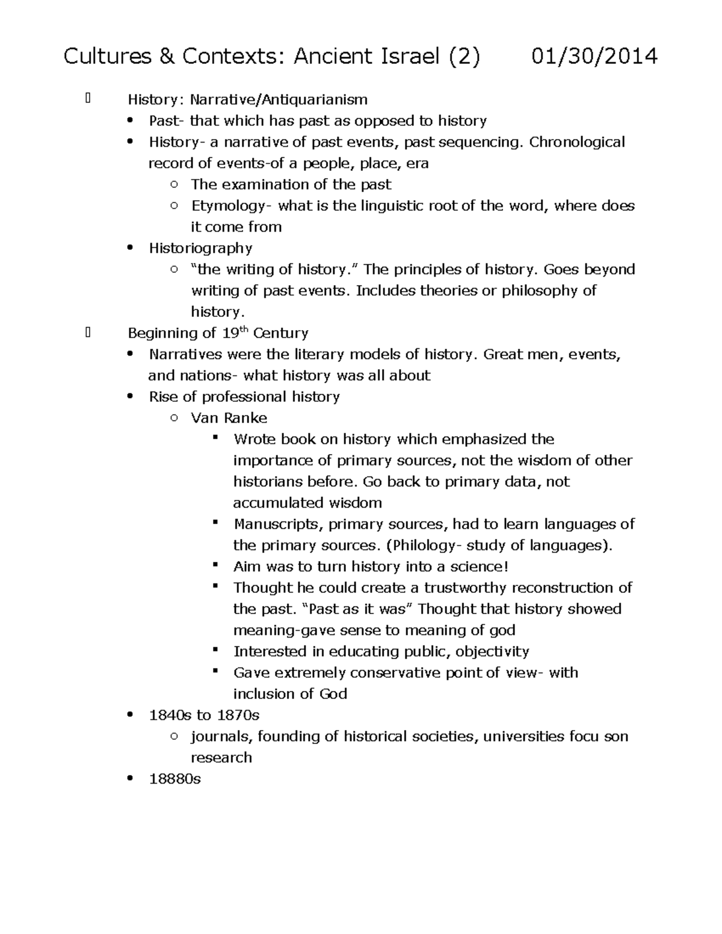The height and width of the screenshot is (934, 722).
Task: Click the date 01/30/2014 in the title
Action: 594,57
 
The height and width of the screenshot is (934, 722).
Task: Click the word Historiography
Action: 200,248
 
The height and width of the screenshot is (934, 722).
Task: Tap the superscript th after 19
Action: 244,329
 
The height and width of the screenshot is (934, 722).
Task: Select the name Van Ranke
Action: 229,418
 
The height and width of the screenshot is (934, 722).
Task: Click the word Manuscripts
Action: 278,524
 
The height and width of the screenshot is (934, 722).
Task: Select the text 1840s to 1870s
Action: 204,715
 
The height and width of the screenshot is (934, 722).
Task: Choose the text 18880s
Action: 174,779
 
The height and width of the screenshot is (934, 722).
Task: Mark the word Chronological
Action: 577,142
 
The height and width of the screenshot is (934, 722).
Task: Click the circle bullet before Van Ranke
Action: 174,418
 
